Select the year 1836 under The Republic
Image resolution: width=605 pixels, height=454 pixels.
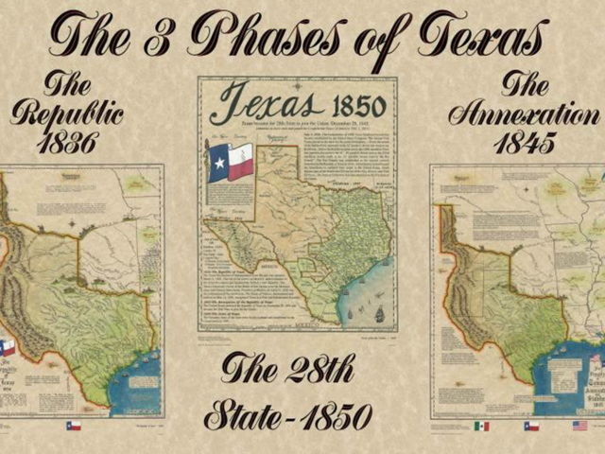click(x=67, y=142)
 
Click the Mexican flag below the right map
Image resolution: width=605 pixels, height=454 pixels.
click(x=482, y=426)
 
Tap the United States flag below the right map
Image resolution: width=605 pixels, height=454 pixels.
click(x=579, y=426)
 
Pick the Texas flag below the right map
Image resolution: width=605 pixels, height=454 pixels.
click(x=531, y=426)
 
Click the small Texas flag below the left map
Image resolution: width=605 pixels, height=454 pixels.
click(x=74, y=426)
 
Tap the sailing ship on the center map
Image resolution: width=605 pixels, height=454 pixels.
click(x=379, y=313)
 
